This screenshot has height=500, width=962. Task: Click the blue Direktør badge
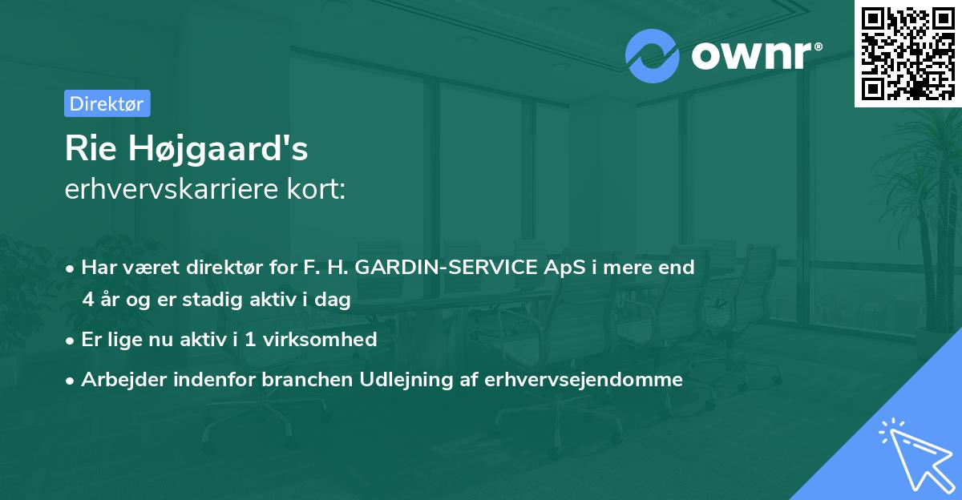[x=107, y=103]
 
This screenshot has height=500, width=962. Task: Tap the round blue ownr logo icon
[x=653, y=55]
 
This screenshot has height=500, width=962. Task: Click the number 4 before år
[x=87, y=300]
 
